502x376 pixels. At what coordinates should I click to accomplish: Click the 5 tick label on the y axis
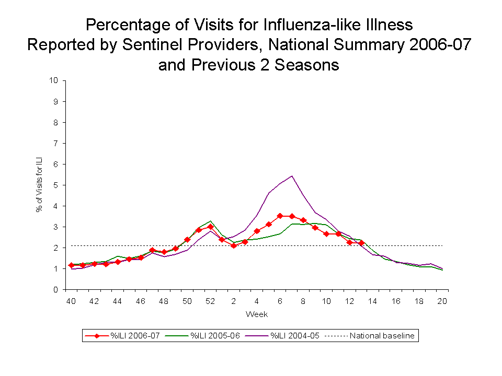pos(55,185)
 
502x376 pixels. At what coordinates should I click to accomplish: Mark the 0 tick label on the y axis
pos(55,289)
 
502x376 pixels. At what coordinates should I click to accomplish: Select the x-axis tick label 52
pos(210,301)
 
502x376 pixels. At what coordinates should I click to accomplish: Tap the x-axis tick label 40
pos(71,301)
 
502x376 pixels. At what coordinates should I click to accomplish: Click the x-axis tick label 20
pos(442,301)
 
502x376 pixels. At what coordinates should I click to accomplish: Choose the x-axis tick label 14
pos(373,301)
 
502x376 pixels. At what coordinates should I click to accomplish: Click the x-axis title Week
pos(257,314)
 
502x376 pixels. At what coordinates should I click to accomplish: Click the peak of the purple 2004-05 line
pos(291,176)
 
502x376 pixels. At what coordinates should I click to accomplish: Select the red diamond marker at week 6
pos(280,216)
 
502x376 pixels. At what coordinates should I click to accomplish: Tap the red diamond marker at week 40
pos(71,265)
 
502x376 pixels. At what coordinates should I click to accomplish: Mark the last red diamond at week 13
pos(361,243)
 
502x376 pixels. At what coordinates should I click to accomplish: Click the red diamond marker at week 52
pos(210,227)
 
